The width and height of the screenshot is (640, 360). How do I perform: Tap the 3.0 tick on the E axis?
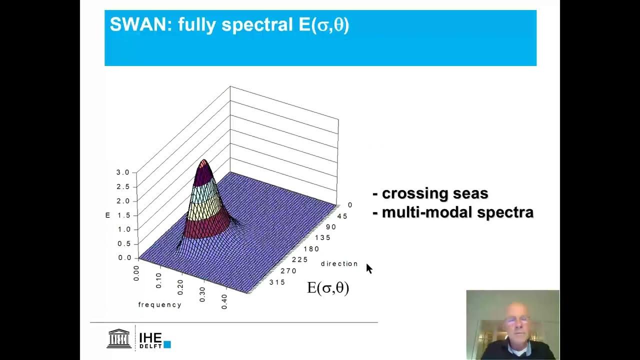[x=122, y=172]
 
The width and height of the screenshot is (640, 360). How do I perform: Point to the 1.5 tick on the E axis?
[x=122, y=215]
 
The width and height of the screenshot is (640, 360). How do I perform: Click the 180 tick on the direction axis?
[x=311, y=248]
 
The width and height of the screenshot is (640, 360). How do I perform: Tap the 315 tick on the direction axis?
[x=276, y=282]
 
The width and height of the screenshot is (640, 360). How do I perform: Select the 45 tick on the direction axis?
[x=342, y=216]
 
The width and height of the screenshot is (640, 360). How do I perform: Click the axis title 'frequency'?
[x=160, y=304]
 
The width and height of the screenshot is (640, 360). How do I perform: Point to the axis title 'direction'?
[x=339, y=263]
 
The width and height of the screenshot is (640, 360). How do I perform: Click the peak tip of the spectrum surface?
[x=203, y=160]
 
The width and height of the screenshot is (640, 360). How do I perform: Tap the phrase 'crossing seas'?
[x=434, y=193]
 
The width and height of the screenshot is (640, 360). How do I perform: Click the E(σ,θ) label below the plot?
[x=328, y=288]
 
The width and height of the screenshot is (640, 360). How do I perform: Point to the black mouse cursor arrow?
[x=369, y=268]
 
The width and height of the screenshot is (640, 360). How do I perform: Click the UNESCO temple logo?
[x=119, y=338]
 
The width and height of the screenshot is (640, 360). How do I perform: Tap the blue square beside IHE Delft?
[x=167, y=344]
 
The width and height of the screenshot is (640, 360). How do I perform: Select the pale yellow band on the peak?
[x=206, y=209]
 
